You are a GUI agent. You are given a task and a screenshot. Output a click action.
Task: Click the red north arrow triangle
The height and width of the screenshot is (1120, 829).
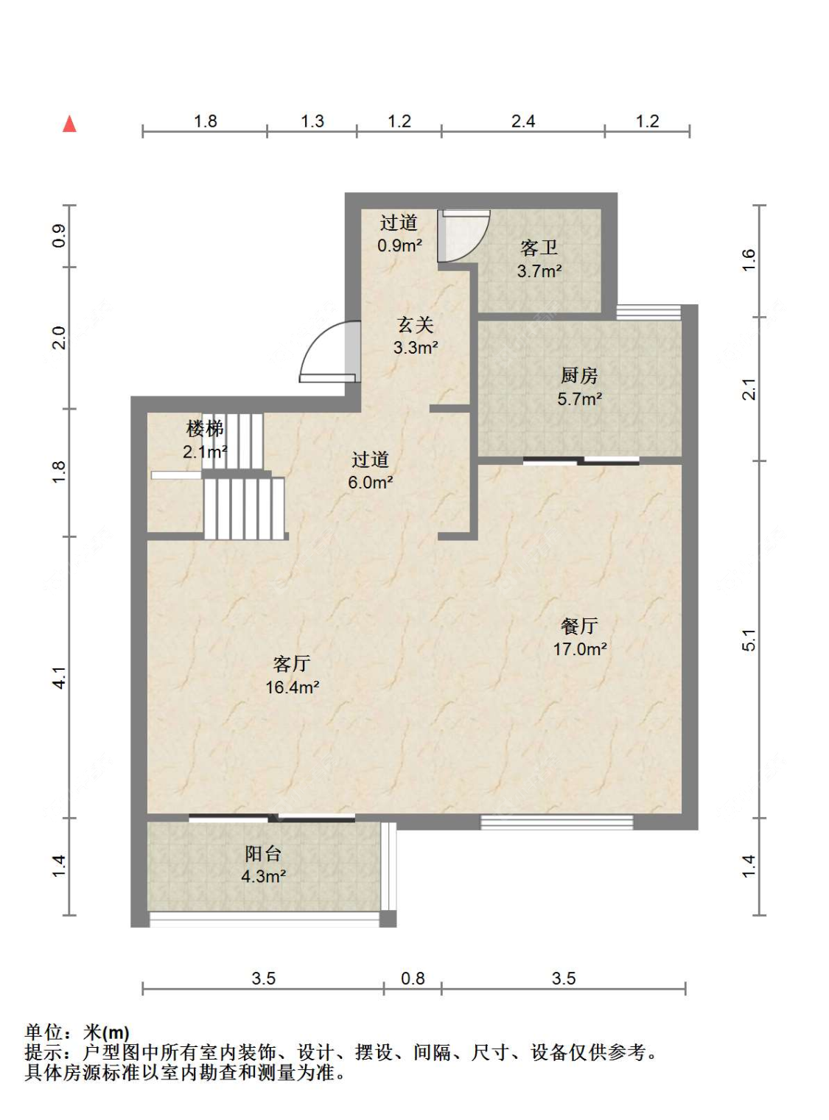click(69, 125)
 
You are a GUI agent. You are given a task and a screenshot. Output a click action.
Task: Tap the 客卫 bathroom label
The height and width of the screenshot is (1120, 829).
click(539, 248)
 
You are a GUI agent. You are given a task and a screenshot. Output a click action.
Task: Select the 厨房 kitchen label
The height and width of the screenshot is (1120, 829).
click(579, 376)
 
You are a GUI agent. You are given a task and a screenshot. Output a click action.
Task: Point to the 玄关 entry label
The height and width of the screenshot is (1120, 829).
click(416, 325)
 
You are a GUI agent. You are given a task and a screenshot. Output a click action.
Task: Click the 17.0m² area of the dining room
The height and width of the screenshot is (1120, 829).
click(579, 649)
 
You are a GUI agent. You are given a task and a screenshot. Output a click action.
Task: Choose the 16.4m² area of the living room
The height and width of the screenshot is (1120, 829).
click(292, 687)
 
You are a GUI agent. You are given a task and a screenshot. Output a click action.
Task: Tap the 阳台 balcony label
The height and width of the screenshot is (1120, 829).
click(262, 854)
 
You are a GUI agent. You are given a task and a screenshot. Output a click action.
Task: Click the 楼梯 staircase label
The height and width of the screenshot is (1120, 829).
click(205, 430)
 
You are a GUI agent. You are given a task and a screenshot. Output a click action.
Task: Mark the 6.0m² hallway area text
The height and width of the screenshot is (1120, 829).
click(371, 482)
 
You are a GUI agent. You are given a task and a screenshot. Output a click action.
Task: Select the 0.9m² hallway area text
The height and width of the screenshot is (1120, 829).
click(399, 245)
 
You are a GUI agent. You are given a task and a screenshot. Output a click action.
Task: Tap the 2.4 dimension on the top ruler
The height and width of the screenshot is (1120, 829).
click(523, 121)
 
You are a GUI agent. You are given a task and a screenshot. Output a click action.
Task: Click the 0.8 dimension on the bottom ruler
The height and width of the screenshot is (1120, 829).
click(413, 979)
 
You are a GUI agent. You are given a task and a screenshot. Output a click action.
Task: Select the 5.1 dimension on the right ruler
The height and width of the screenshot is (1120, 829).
click(749, 640)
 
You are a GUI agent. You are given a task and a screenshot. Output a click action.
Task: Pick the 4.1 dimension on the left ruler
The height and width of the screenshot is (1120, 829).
click(59, 678)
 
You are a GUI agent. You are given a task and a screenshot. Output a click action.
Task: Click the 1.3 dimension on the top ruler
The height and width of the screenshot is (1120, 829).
click(312, 121)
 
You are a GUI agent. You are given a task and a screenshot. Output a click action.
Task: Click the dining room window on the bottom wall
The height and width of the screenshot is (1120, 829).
click(556, 822)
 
